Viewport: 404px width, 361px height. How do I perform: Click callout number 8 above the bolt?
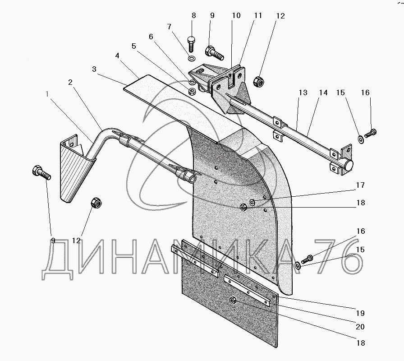coord(194,15)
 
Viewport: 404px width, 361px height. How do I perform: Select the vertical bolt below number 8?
coord(191,43)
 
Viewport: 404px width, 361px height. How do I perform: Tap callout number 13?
coord(303,93)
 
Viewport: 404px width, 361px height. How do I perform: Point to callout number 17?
coord(359,185)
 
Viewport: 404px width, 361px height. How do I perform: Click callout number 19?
coord(359,313)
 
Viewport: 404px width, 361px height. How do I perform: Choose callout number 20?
coord(359,327)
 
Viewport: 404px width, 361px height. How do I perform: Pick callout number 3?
coord(94,69)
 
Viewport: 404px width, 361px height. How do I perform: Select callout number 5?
coord(133,46)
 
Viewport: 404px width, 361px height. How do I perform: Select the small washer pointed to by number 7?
coord(191,59)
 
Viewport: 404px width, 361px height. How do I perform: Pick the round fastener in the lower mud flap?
coord(233,301)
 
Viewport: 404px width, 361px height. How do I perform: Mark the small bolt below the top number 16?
coord(371,133)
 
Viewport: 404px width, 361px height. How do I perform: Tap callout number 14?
coord(323,93)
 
